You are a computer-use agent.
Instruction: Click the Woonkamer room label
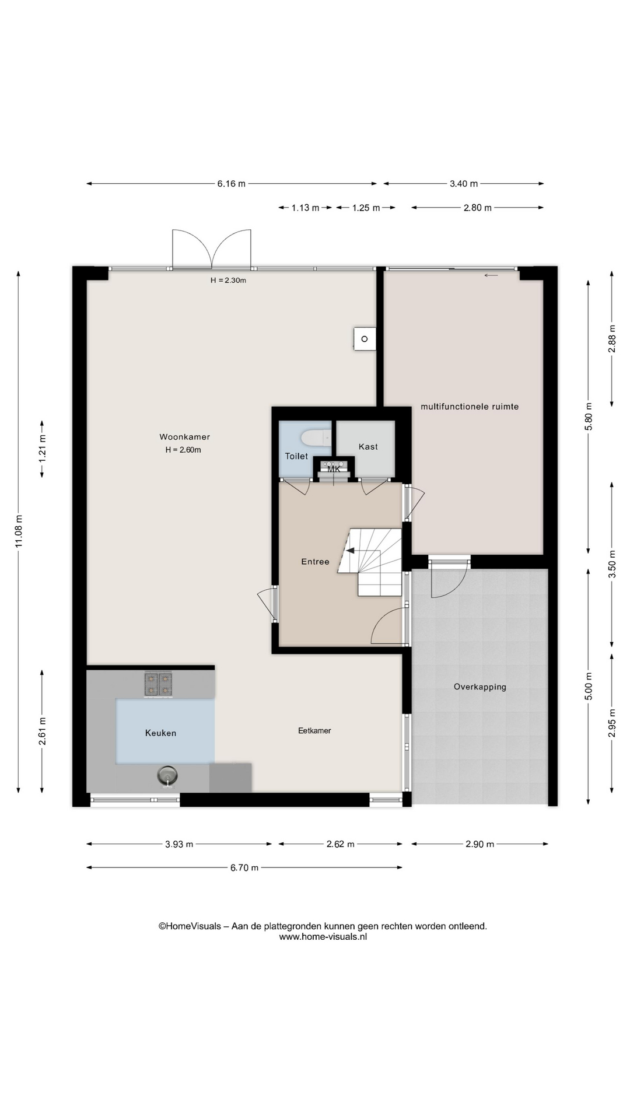click(x=184, y=437)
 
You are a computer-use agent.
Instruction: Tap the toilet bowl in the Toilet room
click(x=316, y=438)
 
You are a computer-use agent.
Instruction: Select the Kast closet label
click(x=368, y=447)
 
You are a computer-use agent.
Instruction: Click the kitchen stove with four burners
click(x=158, y=684)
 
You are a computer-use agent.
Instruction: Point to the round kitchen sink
click(x=167, y=776)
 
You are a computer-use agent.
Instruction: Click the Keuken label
click(x=160, y=733)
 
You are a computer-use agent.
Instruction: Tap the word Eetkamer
click(x=314, y=730)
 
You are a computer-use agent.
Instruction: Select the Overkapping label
click(x=480, y=687)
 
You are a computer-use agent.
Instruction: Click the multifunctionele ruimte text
click(x=470, y=407)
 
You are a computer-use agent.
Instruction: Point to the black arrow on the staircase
click(x=350, y=549)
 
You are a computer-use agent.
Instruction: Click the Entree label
click(x=315, y=562)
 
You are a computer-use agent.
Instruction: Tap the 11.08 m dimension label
click(x=19, y=531)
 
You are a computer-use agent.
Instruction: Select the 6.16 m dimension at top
click(x=232, y=184)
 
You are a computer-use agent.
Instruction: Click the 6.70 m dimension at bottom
click(x=244, y=867)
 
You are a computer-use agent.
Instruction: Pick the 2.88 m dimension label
click(x=612, y=339)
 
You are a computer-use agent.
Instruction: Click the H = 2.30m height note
click(x=228, y=280)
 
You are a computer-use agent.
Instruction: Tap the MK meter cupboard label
click(x=334, y=469)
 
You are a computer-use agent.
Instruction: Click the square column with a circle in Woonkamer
click(x=365, y=339)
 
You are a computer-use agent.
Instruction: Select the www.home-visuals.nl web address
click(x=323, y=937)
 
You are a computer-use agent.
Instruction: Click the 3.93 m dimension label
click(x=179, y=844)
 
